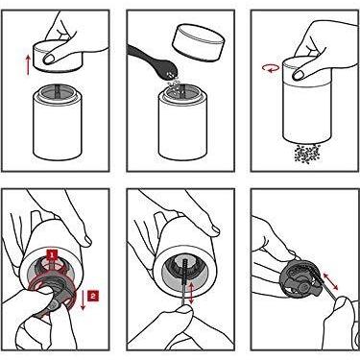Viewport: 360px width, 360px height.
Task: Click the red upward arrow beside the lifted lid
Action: pyautogui.click(x=28, y=65)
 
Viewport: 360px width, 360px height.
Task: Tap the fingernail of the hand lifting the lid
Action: pyautogui.click(x=49, y=59)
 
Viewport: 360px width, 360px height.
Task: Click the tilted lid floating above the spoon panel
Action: pyautogui.click(x=197, y=42)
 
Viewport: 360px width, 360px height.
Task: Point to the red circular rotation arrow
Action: pyautogui.click(x=271, y=68)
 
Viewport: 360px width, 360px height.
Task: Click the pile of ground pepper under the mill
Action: pyautogui.click(x=307, y=154)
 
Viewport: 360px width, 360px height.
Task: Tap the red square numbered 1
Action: pyautogui.click(x=52, y=255)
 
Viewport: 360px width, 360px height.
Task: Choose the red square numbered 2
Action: pyautogui.click(x=93, y=296)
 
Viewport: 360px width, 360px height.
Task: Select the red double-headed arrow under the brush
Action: pyautogui.click(x=191, y=293)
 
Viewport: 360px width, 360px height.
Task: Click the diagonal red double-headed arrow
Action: pyautogui.click(x=329, y=280)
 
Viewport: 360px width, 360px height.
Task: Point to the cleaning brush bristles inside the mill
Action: pyautogui.click(x=185, y=271)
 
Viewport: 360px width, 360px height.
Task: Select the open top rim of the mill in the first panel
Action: pyautogui.click(x=58, y=92)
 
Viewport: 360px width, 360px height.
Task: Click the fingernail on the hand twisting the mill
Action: pyautogui.click(x=299, y=74)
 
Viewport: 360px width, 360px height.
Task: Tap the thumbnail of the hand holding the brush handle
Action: pyautogui.click(x=185, y=309)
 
